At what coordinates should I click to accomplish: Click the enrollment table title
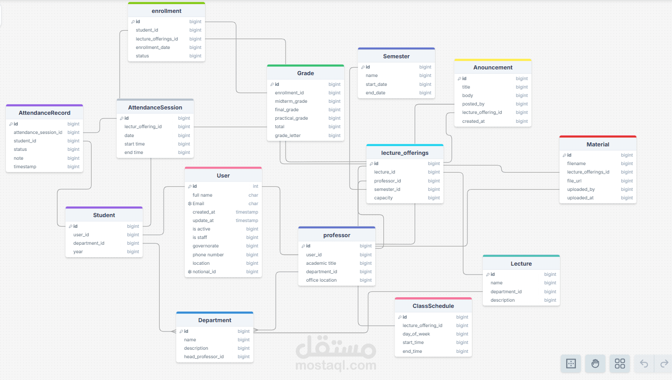(x=166, y=11)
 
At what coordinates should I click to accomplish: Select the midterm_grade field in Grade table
(x=291, y=101)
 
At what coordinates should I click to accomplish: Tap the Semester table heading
(x=396, y=57)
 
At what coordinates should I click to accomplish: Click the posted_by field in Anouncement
(x=473, y=104)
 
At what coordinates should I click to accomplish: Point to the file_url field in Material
(x=574, y=181)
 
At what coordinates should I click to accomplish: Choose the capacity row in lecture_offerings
(x=383, y=198)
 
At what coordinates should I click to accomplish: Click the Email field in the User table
(x=198, y=203)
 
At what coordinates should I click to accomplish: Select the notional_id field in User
(x=204, y=271)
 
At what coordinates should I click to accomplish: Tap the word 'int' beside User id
(x=255, y=186)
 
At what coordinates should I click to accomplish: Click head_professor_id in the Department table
(x=204, y=356)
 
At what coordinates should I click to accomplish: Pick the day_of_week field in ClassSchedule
(x=416, y=334)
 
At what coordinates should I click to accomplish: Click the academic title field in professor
(x=321, y=263)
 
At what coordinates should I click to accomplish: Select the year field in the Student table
(x=78, y=252)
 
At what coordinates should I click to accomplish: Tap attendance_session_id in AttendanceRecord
(x=38, y=132)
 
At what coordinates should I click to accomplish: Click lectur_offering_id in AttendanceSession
(x=143, y=127)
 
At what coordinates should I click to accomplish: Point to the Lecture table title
(x=521, y=264)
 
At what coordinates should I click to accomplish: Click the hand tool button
(x=595, y=364)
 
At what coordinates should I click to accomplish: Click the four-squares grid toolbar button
(x=620, y=364)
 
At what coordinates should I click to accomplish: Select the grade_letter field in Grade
(x=287, y=135)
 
